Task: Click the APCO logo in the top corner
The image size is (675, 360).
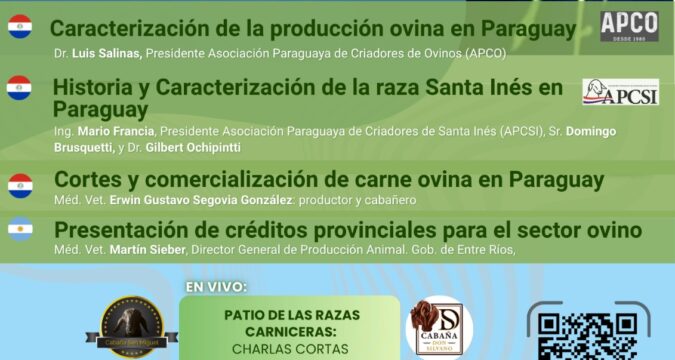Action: coord(629,26)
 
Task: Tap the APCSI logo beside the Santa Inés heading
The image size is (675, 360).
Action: coord(620,92)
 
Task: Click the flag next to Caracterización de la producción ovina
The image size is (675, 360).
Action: coord(20,27)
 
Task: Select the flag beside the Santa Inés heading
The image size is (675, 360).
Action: coord(19,88)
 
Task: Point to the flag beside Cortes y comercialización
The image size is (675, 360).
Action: coord(20,186)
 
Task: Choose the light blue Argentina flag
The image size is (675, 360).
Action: coord(20,231)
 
